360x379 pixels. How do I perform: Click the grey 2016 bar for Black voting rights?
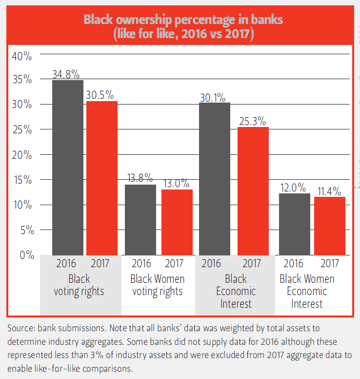[68, 167]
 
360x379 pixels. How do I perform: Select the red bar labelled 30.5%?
[102, 178]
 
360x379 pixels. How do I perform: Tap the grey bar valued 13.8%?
[140, 219]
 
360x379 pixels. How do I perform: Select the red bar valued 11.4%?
[330, 226]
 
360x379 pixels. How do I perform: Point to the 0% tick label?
[26, 254]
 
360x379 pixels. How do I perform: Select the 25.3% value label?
[252, 121]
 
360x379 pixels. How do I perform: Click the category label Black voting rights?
[79, 285]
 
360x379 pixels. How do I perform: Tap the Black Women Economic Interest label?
[307, 291]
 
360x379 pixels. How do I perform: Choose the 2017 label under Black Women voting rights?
[174, 264]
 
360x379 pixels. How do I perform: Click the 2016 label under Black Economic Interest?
[211, 264]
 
